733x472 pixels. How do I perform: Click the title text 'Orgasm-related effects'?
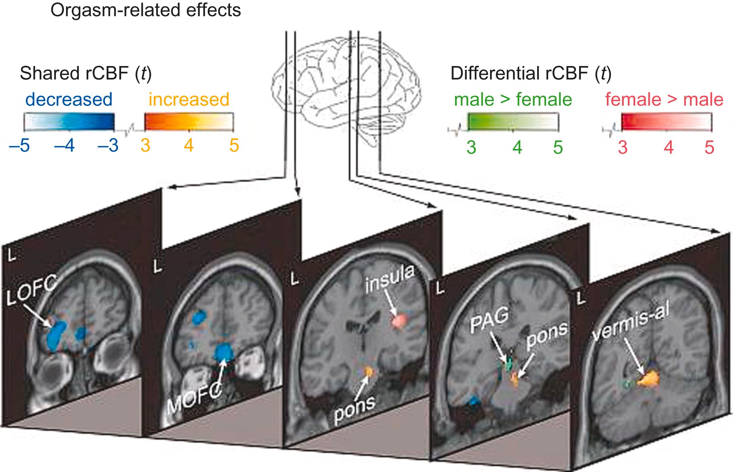tap(145, 10)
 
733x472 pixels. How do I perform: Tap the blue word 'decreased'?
tap(69, 100)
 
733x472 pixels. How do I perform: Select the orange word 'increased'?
tap(189, 100)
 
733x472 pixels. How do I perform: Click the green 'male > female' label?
tap(513, 100)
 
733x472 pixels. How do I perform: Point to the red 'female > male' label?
tap(664, 100)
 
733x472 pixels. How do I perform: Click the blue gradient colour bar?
tap(69, 122)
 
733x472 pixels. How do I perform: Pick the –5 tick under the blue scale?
tap(19, 146)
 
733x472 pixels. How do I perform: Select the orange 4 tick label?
tap(188, 146)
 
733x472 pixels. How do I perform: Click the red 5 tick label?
tap(709, 148)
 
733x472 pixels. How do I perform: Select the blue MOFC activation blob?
tap(224, 354)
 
